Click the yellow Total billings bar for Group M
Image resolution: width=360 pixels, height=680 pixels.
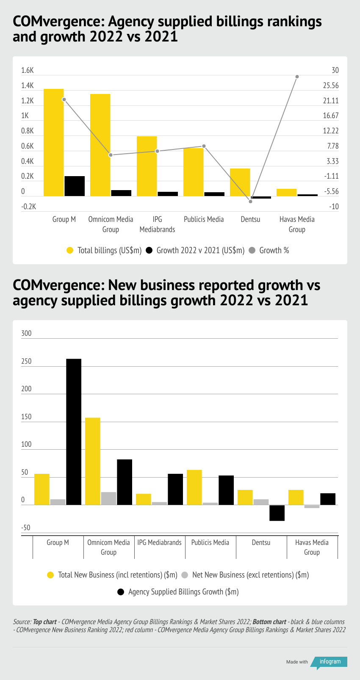tap(54, 142)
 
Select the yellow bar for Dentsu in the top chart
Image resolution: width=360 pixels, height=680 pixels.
tap(240, 182)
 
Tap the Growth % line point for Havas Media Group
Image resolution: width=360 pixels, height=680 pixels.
tap(297, 77)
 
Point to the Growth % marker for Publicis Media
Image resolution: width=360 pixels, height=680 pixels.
tap(204, 146)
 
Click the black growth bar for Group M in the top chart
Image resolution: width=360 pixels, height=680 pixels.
tap(75, 186)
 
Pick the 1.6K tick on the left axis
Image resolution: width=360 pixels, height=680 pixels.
tap(28, 70)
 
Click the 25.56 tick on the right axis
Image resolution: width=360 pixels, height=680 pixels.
tap(331, 86)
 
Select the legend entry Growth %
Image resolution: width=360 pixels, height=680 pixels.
tap(274, 251)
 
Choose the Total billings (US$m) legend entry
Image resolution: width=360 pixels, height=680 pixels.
tap(109, 251)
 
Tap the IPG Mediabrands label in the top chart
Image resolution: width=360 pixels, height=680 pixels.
tap(157, 224)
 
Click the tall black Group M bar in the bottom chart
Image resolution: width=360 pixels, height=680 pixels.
tap(74, 431)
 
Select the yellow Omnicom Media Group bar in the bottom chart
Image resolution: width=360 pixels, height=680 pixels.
tap(93, 461)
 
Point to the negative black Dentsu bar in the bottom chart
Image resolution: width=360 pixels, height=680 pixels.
tap(277, 513)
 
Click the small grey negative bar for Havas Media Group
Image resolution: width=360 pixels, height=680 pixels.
tap(312, 506)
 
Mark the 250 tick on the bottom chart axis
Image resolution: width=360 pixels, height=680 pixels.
tap(26, 361)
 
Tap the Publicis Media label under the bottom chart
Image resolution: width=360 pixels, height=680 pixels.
tap(210, 542)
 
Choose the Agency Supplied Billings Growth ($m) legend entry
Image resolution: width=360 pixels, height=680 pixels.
tap(183, 592)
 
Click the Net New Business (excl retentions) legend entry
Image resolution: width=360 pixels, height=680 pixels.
tap(250, 575)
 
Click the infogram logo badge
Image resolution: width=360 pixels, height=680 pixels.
tap(330, 662)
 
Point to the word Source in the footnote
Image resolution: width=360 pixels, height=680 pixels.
tap(22, 622)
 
